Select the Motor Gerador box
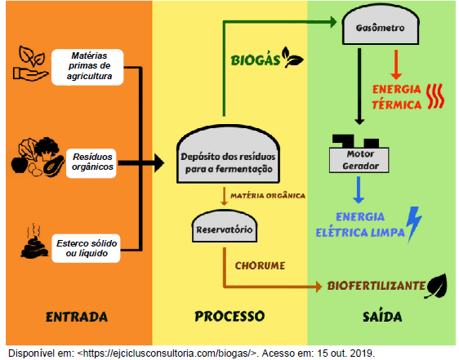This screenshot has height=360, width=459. point(359,159)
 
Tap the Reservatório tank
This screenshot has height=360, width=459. point(225,227)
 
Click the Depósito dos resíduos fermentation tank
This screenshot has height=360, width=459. point(228,155)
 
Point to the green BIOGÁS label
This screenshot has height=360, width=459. point(256,60)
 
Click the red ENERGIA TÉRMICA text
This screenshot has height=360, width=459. point(397,97)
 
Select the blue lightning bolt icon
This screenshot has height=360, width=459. point(415,224)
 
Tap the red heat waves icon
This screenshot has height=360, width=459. point(435,96)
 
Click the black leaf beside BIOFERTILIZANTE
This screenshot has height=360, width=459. point(436,286)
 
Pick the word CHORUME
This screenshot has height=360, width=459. point(260,265)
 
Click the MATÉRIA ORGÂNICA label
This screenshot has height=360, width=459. point(268,196)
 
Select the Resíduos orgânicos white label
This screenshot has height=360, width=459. point(91,163)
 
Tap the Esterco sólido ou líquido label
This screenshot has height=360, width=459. point(86,248)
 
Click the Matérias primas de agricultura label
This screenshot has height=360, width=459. point(87,67)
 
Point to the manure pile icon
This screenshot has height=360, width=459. point(34,242)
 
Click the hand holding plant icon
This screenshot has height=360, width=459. point(30,64)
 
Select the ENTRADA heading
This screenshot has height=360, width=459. point(77,317)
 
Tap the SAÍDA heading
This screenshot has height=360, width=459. point(382,316)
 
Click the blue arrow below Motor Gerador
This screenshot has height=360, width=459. point(359,189)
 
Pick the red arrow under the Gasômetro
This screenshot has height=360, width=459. point(396,64)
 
